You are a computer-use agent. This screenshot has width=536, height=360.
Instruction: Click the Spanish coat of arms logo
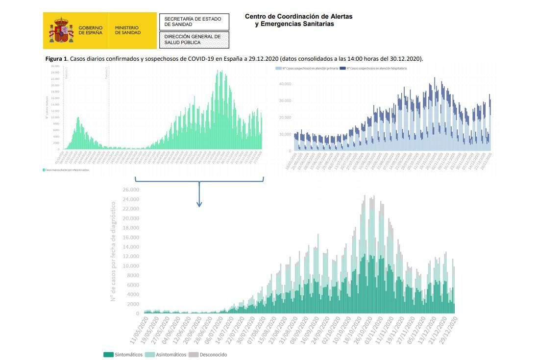click(x=61, y=30)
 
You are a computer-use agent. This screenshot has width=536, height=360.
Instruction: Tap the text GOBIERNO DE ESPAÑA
click(x=91, y=30)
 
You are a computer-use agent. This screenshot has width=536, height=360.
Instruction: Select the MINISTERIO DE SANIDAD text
click(x=128, y=30)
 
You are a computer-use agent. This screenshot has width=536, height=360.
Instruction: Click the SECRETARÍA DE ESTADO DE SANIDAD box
click(x=194, y=22)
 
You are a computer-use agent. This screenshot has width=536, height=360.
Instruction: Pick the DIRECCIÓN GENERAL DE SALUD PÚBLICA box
click(x=194, y=40)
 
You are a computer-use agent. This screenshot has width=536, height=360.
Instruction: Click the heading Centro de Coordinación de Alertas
click(x=298, y=17)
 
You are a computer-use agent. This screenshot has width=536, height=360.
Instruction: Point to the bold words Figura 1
click(x=56, y=59)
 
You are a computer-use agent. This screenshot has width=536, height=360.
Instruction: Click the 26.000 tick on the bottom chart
click(x=130, y=190)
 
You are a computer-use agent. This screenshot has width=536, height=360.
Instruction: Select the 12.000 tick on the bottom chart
click(x=130, y=257)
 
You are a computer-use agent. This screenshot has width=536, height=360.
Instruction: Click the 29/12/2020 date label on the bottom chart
click(x=449, y=330)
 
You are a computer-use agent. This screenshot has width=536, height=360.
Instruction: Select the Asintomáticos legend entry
click(x=166, y=355)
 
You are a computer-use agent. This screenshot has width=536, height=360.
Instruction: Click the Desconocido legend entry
click(x=208, y=355)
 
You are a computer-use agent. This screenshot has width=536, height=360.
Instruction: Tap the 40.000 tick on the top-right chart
click(x=285, y=84)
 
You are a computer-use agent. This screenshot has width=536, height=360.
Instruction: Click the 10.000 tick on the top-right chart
click(x=285, y=134)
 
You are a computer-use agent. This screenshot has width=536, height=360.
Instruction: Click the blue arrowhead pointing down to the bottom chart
click(x=199, y=204)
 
